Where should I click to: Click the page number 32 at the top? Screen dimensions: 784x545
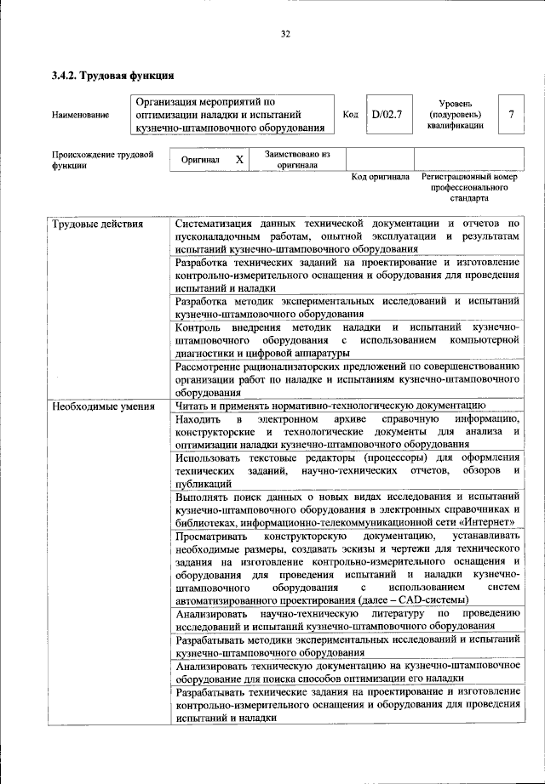[285, 34]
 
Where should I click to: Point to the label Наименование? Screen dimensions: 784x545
[81, 115]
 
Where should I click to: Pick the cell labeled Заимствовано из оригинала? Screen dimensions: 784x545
[297, 159]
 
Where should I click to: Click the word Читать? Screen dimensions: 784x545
[192, 406]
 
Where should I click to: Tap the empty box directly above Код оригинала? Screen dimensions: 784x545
[380, 158]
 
